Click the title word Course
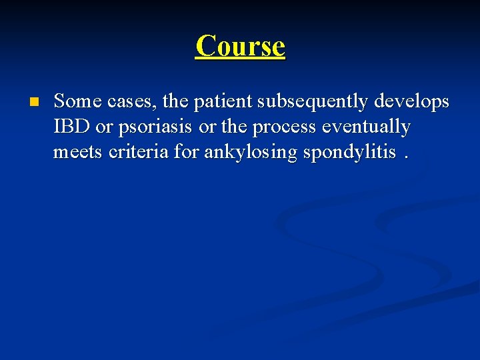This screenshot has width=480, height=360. point(240,46)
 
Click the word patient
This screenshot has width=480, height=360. point(224,102)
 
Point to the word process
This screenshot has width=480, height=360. point(289,127)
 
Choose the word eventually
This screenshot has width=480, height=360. point(367,127)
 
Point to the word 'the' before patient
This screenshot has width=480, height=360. point(175,102)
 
